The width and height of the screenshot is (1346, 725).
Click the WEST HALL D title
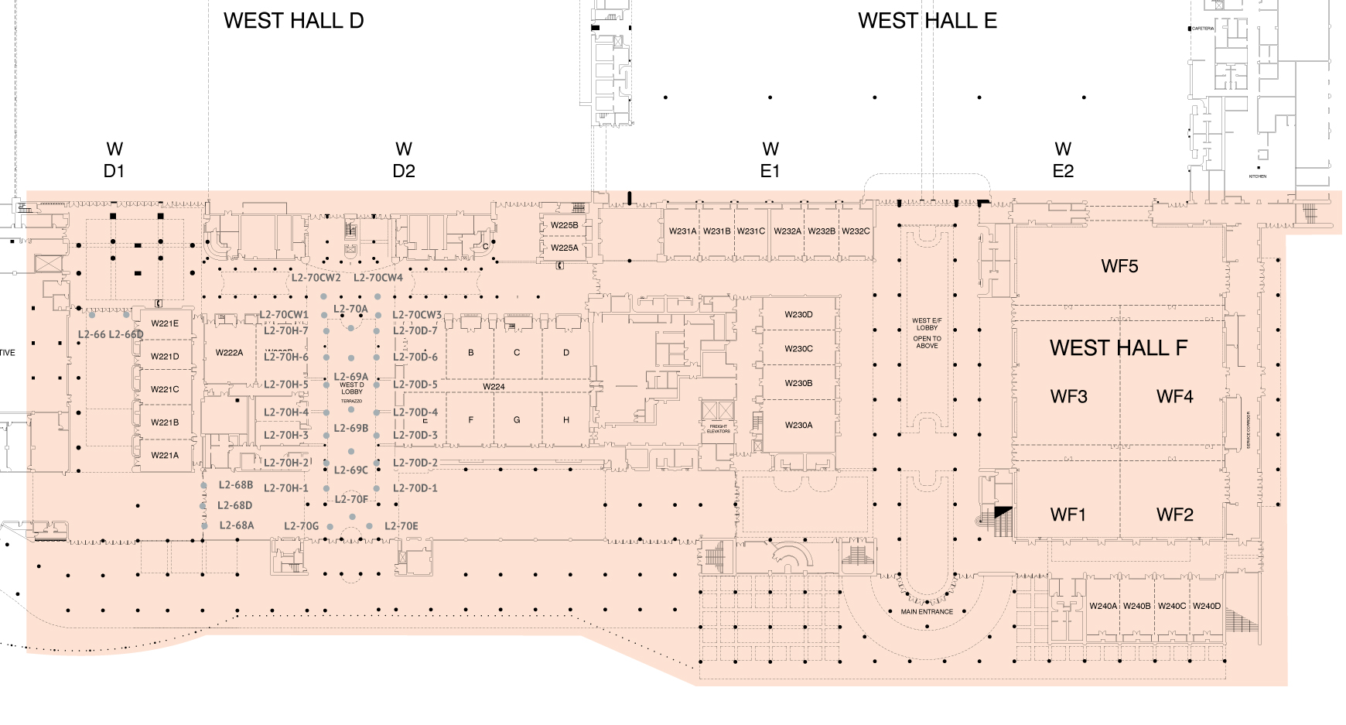[x=293, y=21]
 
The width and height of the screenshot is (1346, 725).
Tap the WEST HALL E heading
[x=927, y=21]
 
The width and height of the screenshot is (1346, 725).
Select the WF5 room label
[x=1119, y=266]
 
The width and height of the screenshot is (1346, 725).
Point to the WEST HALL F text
[x=1118, y=348]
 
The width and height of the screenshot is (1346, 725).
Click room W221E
[x=165, y=323]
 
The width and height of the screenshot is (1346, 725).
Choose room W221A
[x=165, y=456]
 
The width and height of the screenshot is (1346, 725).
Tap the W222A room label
[x=229, y=353]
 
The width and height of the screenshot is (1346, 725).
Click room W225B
[x=564, y=225]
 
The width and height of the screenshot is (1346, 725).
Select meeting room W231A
[x=682, y=231]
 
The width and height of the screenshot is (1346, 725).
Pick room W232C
[x=856, y=231]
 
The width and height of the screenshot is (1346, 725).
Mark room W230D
[x=798, y=315]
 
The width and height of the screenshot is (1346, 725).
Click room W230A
[x=798, y=426]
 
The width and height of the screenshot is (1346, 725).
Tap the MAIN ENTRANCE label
[x=927, y=612]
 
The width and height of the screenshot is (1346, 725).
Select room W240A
[x=1103, y=607]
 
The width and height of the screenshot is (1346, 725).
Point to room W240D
[x=1206, y=607]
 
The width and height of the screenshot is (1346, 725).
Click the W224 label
[x=494, y=387]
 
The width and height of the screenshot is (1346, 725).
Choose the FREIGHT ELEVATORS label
[x=718, y=429]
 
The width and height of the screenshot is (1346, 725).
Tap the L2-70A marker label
[x=350, y=309]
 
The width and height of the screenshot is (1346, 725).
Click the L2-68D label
[x=234, y=505]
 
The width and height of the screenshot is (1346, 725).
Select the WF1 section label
[x=1068, y=515]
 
